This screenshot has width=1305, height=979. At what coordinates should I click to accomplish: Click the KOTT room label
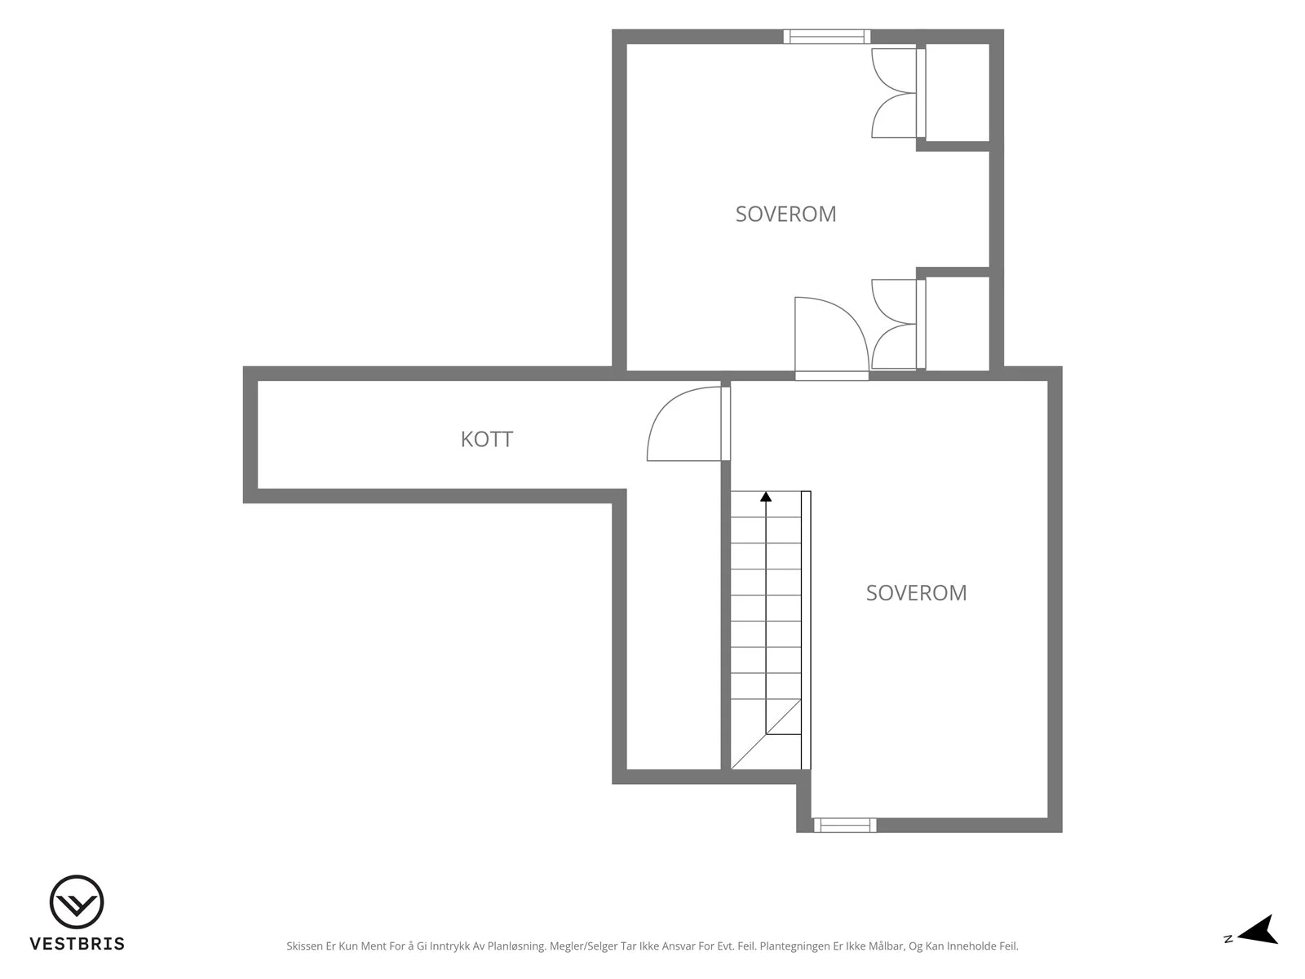(x=486, y=439)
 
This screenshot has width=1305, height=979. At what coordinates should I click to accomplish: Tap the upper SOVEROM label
(x=785, y=214)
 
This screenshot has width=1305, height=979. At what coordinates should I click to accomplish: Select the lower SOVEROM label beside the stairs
(x=916, y=592)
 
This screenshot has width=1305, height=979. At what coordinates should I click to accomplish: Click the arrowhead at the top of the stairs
(x=766, y=496)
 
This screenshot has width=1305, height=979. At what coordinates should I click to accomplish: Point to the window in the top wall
(x=826, y=37)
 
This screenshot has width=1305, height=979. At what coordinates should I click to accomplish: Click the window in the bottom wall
(x=845, y=825)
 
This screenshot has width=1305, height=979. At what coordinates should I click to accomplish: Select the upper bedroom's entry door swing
(x=831, y=336)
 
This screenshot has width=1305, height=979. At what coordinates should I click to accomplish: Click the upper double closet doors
(x=898, y=93)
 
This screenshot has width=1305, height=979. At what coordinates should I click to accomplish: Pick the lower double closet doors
(x=898, y=325)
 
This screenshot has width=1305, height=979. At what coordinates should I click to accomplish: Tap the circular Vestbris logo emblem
(x=77, y=901)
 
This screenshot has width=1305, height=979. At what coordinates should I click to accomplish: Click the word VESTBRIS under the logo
(x=77, y=944)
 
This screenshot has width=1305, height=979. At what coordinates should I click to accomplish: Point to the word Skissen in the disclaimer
(x=305, y=946)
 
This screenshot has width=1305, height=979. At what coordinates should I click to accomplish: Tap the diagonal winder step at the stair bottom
(x=766, y=735)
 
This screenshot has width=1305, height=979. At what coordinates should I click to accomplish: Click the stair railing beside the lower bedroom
(x=806, y=630)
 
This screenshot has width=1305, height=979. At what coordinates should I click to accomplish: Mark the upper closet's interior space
(x=958, y=93)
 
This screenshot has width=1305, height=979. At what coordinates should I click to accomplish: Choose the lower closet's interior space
(x=958, y=323)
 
